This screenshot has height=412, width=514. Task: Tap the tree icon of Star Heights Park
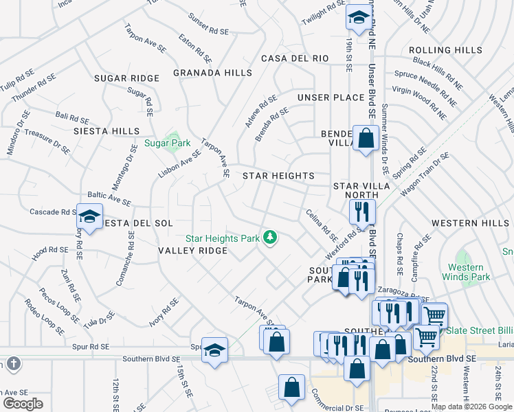click(x=271, y=238)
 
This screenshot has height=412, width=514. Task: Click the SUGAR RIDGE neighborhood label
click(x=126, y=78)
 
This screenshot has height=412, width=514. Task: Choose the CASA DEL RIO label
click(x=295, y=58)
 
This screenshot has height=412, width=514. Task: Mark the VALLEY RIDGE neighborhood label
click(x=193, y=251)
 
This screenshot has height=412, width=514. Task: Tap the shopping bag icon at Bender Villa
click(x=365, y=137)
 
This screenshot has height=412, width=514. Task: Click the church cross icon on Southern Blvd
click(x=12, y=363)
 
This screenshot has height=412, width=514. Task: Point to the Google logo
click(x=23, y=403)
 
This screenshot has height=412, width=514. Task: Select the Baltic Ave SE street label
click(x=109, y=200)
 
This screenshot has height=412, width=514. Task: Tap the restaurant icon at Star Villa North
click(x=361, y=211)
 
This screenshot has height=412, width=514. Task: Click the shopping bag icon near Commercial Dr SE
click(x=291, y=387)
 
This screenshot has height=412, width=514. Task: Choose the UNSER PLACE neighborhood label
click(x=331, y=98)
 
